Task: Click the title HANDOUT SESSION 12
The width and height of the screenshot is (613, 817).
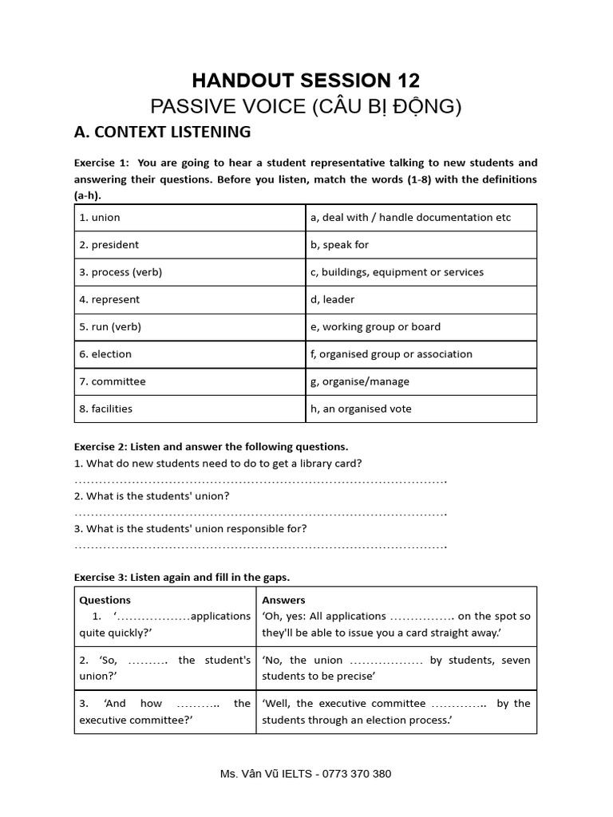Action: (x=306, y=81)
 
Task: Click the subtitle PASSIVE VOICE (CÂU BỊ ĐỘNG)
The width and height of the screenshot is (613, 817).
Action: (x=306, y=106)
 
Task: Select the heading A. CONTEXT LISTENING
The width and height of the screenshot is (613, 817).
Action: (x=162, y=132)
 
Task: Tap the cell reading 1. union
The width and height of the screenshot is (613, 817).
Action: (x=100, y=218)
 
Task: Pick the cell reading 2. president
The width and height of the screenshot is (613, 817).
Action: (x=109, y=245)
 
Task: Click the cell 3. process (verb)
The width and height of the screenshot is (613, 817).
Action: (x=120, y=272)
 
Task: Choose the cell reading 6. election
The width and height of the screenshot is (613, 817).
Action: (x=105, y=354)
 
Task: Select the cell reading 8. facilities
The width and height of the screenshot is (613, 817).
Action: (x=105, y=408)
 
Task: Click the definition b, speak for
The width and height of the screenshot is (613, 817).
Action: (x=339, y=245)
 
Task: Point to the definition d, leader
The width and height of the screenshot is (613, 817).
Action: (x=332, y=299)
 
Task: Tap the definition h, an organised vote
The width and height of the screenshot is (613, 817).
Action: (x=361, y=408)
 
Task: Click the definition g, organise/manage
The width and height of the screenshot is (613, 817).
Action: (x=358, y=381)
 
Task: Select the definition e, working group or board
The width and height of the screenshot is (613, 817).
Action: (x=375, y=326)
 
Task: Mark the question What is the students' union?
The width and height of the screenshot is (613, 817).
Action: (x=152, y=496)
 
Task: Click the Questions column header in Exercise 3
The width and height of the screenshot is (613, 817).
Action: (x=105, y=600)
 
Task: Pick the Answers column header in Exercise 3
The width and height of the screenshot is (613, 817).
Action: (x=283, y=600)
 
